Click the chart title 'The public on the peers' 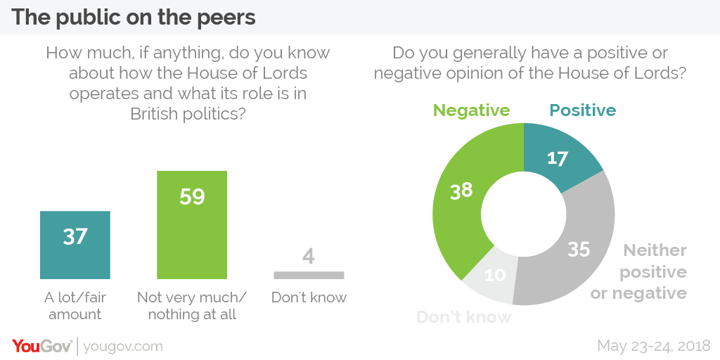[x=134, y=17]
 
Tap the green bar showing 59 [x=192, y=225]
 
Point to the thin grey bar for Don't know [x=309, y=275]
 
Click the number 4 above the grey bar [x=309, y=256]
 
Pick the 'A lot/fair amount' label [x=75, y=305]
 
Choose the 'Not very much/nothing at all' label [x=192, y=305]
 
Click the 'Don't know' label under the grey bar [x=309, y=297]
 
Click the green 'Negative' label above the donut [x=471, y=110]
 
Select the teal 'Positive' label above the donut [x=582, y=110]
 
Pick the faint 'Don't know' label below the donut [x=464, y=317]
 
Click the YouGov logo [x=42, y=345]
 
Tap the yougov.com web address [x=123, y=346]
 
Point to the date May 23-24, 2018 [x=654, y=345]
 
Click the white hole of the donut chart [x=524, y=214]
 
